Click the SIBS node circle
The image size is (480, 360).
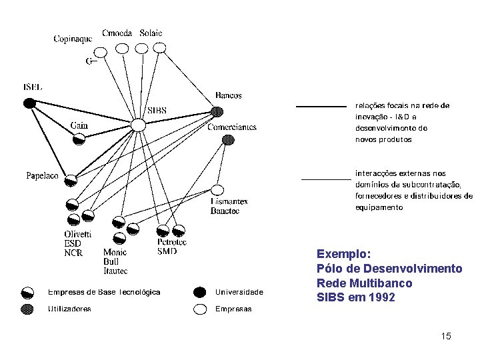click(137, 125)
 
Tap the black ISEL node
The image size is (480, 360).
click(29, 103)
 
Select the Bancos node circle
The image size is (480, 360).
click(217, 111)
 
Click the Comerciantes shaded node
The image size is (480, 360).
click(228, 140)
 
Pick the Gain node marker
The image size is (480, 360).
click(79, 139)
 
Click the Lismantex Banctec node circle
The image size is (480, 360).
click(217, 190)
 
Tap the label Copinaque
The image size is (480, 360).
click(73, 39)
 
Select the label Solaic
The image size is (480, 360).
click(151, 33)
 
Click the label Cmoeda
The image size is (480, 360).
click(117, 33)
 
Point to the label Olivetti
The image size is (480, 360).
click(78, 235)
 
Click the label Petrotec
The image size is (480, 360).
click(172, 242)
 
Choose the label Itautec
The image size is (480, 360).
click(115, 271)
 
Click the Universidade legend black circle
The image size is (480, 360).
click(199, 292)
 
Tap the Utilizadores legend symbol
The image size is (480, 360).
click(28, 309)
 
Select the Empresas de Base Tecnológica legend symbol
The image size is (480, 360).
click(28, 292)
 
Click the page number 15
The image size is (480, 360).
click(446, 336)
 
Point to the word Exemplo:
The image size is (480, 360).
click(343, 254)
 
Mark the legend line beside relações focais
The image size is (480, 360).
click(321, 106)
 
